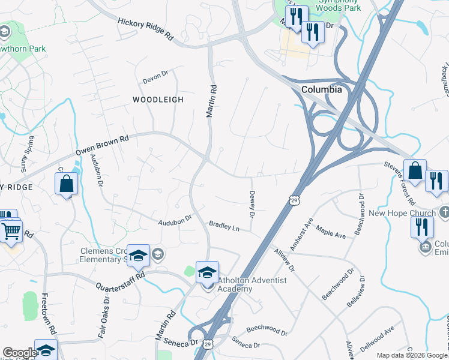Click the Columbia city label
(321, 89)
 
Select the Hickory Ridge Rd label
(146, 28)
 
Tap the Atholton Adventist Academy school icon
(207, 272)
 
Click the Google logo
(19, 353)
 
